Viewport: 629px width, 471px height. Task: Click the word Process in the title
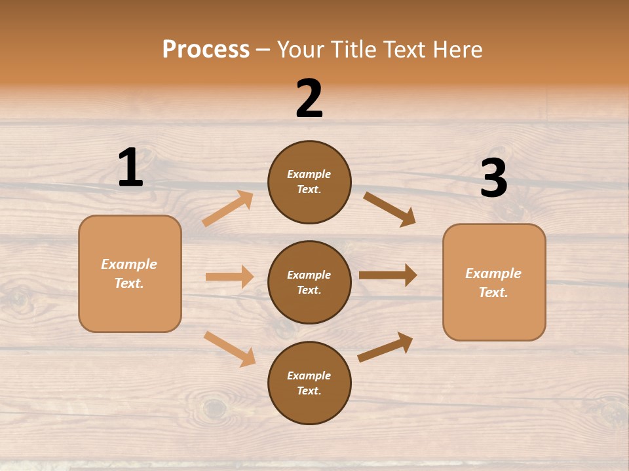[x=206, y=50]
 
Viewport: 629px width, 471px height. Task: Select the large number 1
[x=130, y=168]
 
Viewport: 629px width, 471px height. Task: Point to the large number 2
[x=309, y=99]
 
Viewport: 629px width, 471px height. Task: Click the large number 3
[x=493, y=179]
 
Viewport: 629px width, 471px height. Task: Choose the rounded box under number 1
[x=130, y=273]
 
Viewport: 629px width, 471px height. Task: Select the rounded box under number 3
[x=494, y=282]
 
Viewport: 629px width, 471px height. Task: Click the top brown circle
[x=309, y=182]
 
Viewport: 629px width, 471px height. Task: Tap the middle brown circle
[x=309, y=282]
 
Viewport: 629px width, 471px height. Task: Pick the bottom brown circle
[x=309, y=383]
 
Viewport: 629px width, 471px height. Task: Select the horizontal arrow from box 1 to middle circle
[x=229, y=277]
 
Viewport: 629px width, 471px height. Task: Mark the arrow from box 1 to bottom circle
[x=229, y=349]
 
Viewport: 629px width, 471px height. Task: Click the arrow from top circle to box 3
[x=389, y=209]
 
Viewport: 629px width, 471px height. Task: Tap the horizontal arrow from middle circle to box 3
[x=388, y=275]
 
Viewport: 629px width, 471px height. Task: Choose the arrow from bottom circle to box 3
[x=385, y=347]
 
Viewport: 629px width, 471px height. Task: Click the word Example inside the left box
[x=129, y=264]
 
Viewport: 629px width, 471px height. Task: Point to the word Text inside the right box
[x=493, y=292]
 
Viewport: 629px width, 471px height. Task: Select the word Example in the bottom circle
[x=309, y=375]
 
